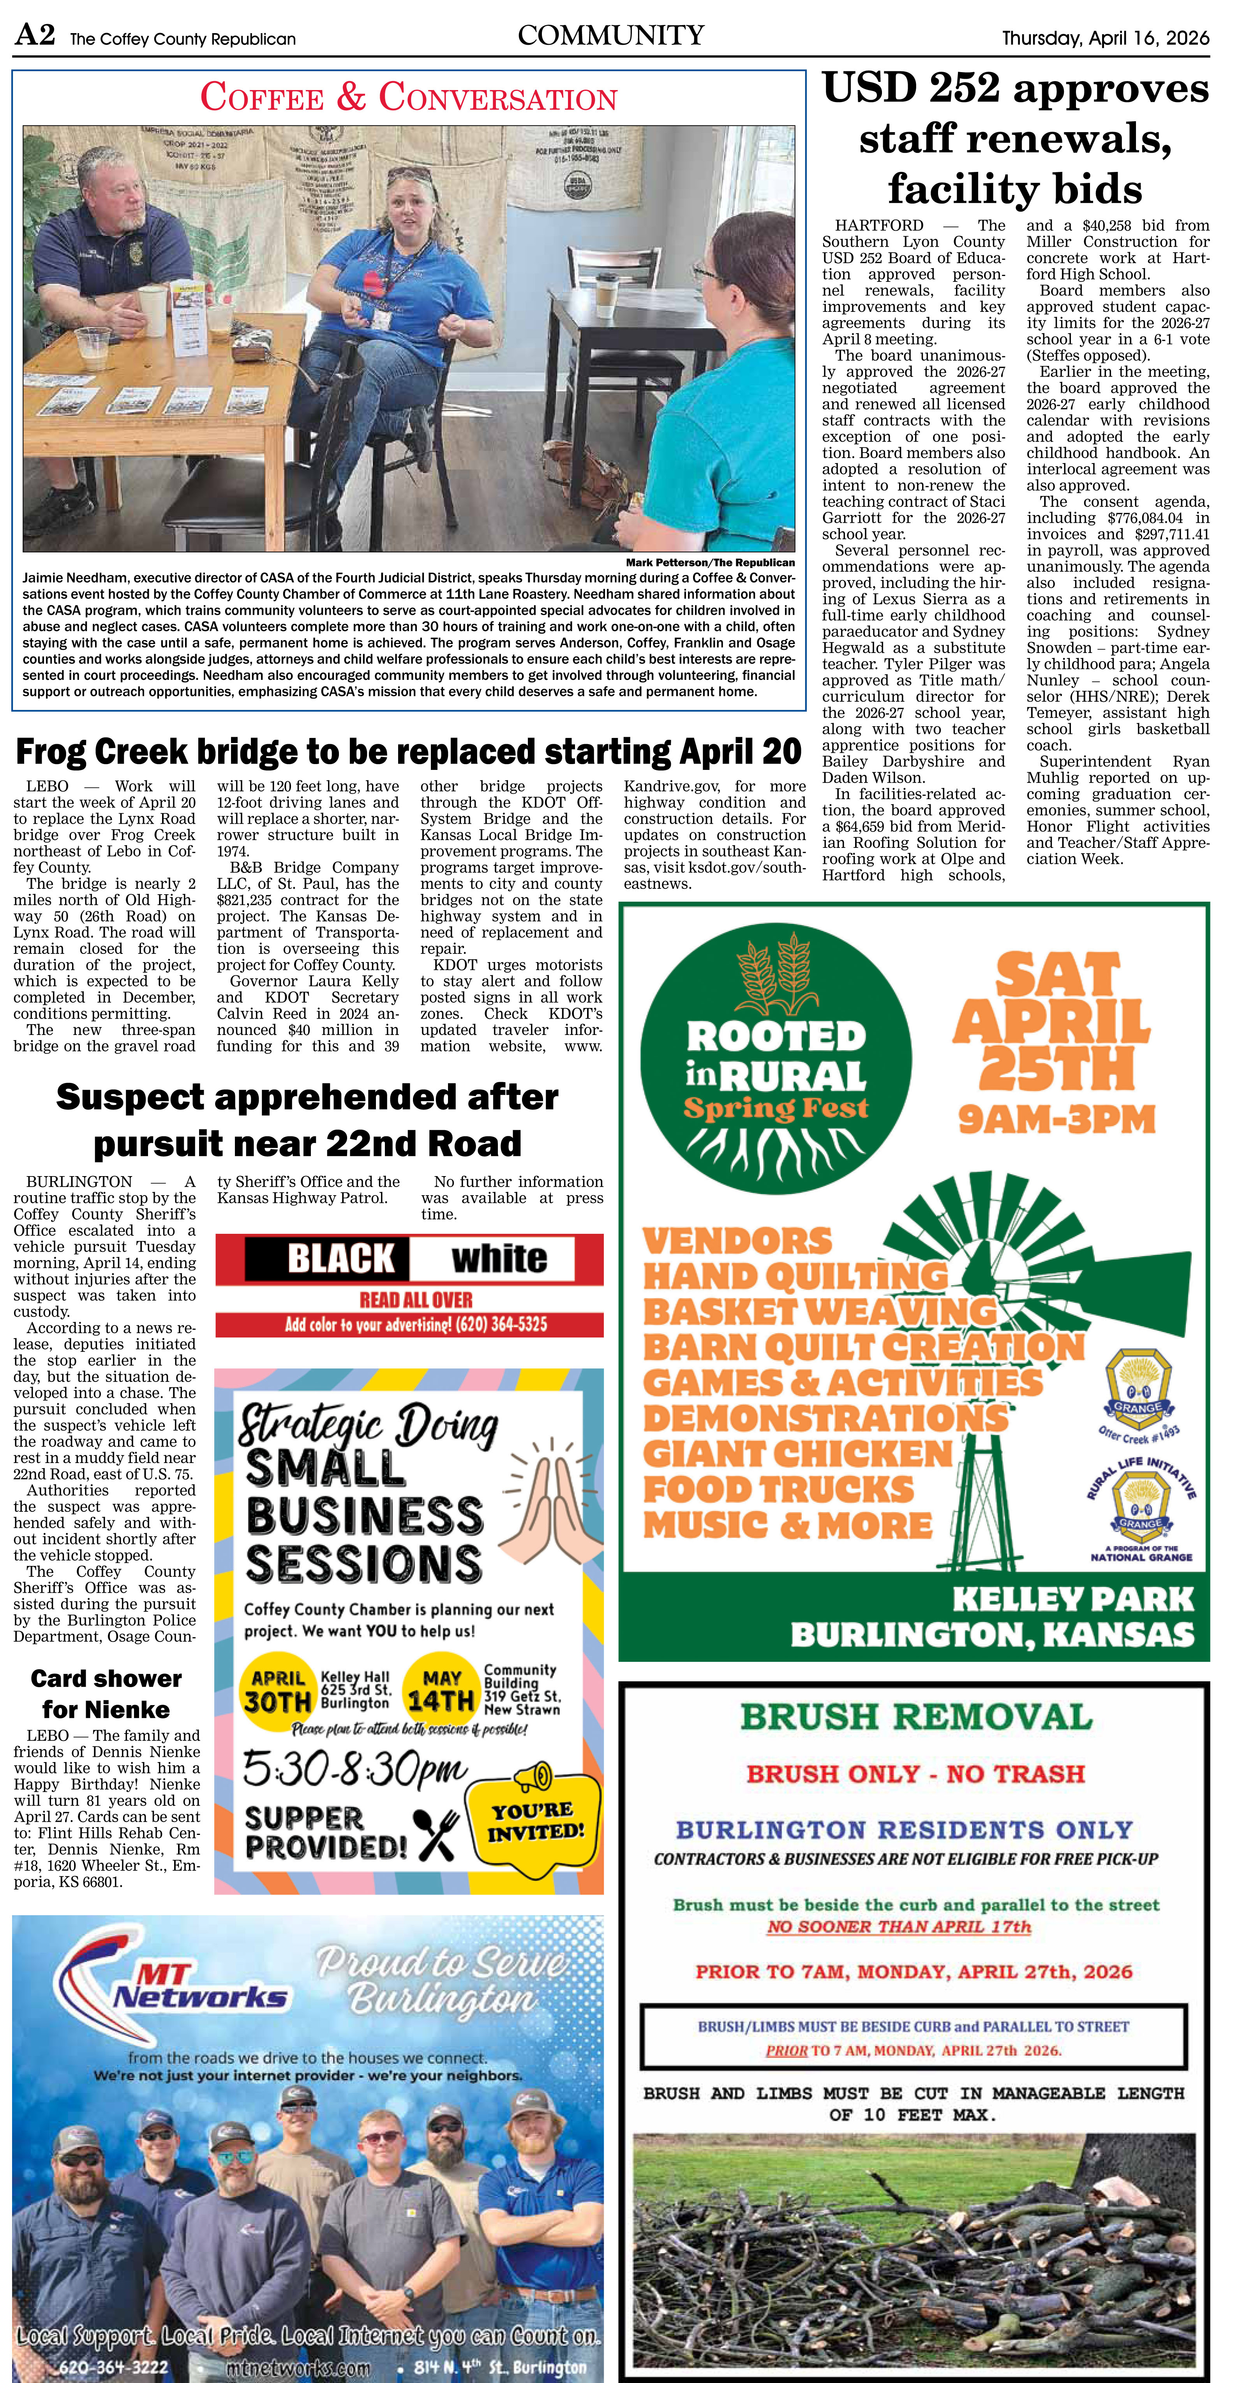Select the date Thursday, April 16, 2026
tap(1105, 38)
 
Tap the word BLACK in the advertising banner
tap(341, 1259)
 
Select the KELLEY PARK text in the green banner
tap(1073, 1599)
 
